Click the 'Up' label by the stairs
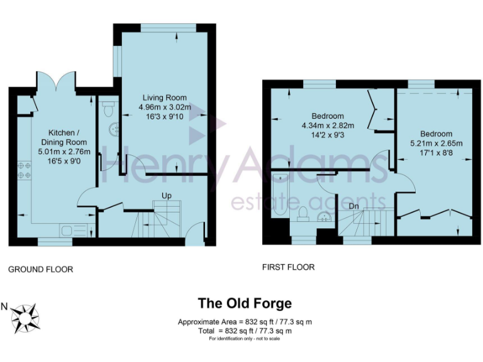point(167,195)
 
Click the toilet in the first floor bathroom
point(302,214)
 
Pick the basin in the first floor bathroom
point(325,217)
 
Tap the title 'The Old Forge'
point(245,304)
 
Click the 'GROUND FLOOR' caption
point(40,270)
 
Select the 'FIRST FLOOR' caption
point(288,267)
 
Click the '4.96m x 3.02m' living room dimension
point(165,107)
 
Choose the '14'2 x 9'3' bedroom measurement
point(327,134)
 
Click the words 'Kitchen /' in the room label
point(64,133)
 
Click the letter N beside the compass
point(4,307)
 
